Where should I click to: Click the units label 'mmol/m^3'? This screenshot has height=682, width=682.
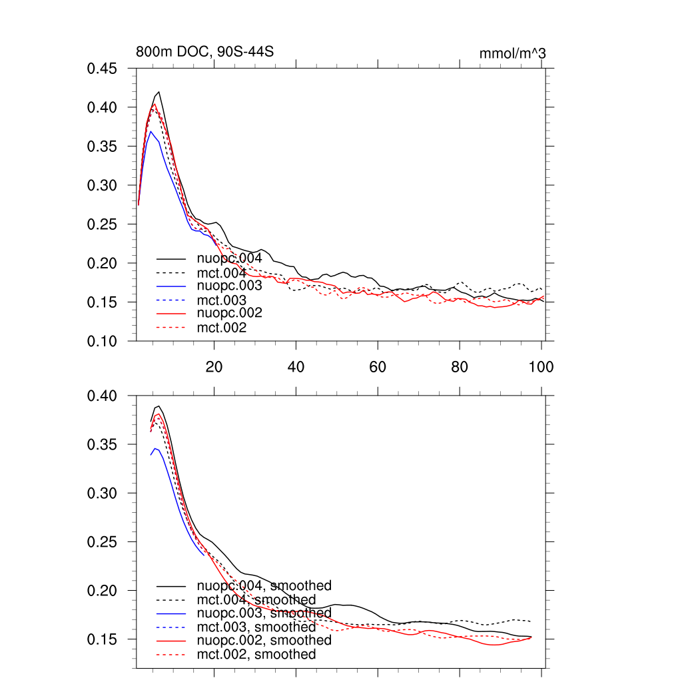click(x=512, y=53)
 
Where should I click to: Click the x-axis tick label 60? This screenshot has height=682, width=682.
click(x=378, y=366)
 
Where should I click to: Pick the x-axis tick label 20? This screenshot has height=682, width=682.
click(x=214, y=366)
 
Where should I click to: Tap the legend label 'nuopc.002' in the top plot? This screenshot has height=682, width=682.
click(x=229, y=313)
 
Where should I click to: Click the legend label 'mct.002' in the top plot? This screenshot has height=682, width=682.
click(x=222, y=328)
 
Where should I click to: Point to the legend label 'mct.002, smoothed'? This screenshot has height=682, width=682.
click(x=256, y=655)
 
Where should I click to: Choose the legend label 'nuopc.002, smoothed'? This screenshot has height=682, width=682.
click(x=264, y=640)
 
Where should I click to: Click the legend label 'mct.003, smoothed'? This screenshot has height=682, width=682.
click(x=256, y=627)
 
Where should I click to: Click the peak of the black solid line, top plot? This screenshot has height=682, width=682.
click(x=159, y=92)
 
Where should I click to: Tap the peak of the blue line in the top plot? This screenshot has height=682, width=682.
click(x=151, y=131)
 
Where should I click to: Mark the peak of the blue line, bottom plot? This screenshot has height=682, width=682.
click(x=155, y=449)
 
